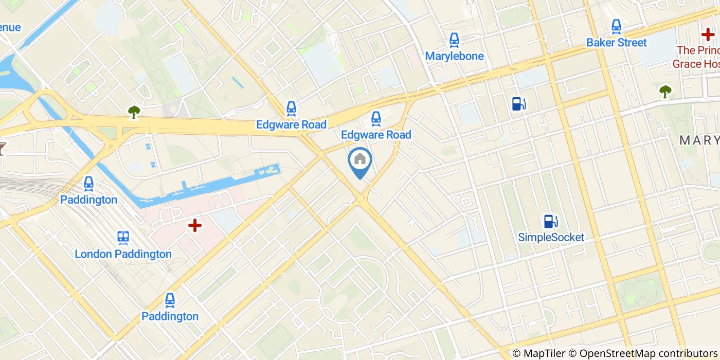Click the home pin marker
[x=360, y=160]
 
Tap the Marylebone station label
[x=454, y=56]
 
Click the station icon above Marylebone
[x=454, y=40]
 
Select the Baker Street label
[x=616, y=42]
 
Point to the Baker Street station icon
[x=616, y=26]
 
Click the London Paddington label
[x=123, y=254]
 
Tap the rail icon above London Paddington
[x=123, y=237]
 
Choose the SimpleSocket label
[x=551, y=237]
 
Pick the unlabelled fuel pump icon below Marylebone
[x=518, y=103]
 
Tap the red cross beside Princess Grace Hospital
[x=708, y=35]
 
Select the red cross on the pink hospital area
[x=194, y=225]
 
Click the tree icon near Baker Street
[x=665, y=92]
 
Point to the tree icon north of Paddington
[x=134, y=112]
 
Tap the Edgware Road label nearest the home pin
[x=376, y=135]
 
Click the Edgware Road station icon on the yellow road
[x=291, y=109]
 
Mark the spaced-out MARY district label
[x=699, y=140]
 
